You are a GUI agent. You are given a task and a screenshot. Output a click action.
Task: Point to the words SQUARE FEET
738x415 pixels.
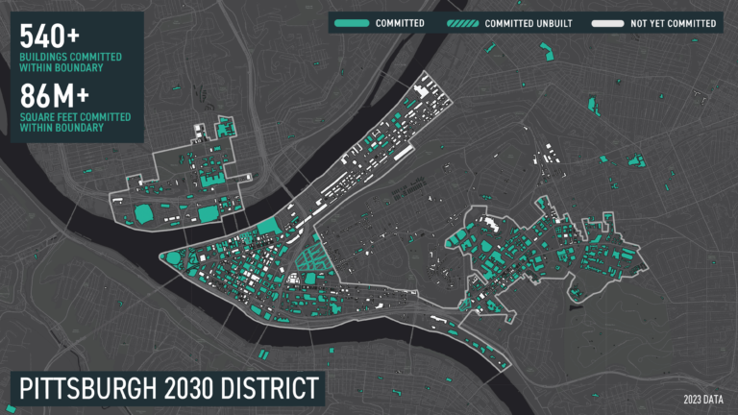click(x=44, y=117)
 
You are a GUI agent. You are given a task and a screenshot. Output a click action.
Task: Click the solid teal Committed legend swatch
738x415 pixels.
click(x=353, y=22)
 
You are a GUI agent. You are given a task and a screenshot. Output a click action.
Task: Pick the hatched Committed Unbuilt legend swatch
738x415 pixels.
click(x=461, y=22)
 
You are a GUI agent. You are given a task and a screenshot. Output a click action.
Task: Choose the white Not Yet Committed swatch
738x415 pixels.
click(x=606, y=22)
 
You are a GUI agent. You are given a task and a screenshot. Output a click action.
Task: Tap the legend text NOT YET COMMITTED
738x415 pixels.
click(x=674, y=22)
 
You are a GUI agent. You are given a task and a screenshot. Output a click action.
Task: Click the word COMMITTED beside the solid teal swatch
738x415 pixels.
click(x=401, y=22)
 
